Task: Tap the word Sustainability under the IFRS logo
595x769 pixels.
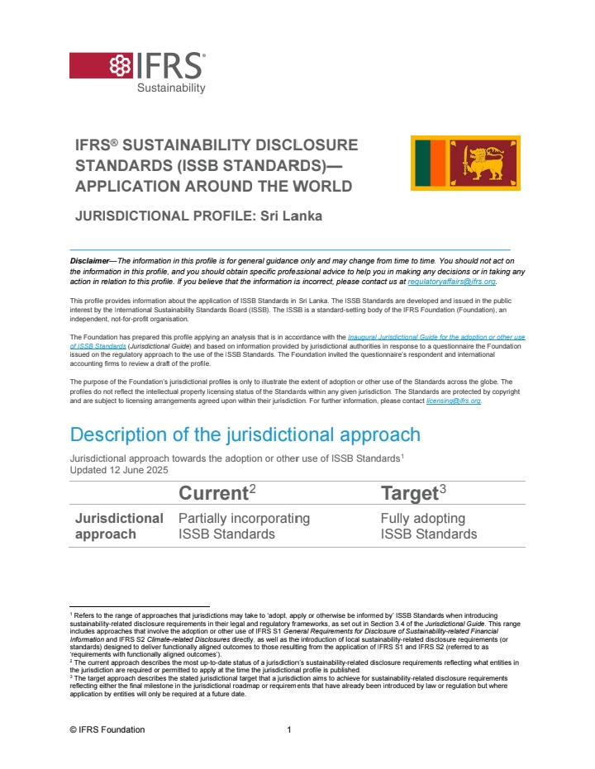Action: point(171,88)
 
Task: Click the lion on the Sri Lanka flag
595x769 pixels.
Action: point(485,162)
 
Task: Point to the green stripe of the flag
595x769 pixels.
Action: point(423,163)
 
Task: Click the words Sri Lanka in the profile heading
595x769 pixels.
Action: point(291,216)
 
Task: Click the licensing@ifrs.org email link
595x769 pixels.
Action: point(453,401)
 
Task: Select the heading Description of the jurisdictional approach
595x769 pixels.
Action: point(245,434)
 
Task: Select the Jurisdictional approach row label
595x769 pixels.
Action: point(119,525)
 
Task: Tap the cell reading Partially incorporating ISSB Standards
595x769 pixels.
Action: point(244,525)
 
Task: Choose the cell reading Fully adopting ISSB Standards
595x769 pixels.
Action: point(428,525)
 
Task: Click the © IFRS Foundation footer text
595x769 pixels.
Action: point(107,729)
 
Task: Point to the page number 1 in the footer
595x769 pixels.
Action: point(289,729)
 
